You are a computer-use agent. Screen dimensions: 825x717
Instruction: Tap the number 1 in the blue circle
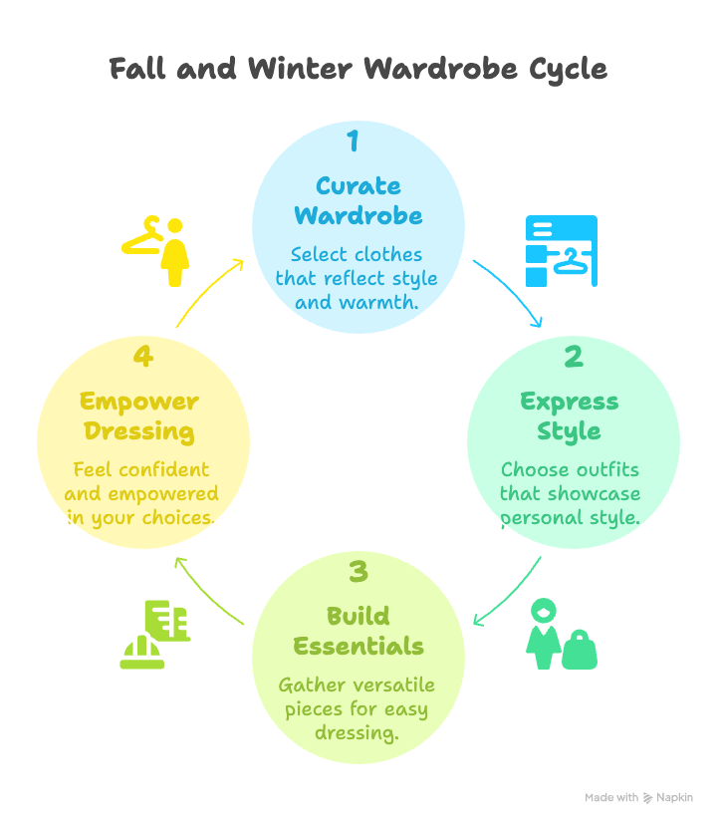[352, 140]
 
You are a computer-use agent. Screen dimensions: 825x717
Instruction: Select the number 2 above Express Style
[572, 356]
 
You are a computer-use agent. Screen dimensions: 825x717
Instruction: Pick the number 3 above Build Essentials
[358, 572]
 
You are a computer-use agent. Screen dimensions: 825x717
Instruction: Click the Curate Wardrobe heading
[358, 200]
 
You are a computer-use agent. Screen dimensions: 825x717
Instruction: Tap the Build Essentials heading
[358, 631]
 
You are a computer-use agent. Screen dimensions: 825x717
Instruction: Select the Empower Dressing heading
[139, 416]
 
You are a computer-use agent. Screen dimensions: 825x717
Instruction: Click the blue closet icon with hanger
[561, 251]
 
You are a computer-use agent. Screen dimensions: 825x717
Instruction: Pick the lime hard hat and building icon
[154, 634]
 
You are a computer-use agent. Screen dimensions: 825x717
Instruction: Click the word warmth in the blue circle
[384, 300]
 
